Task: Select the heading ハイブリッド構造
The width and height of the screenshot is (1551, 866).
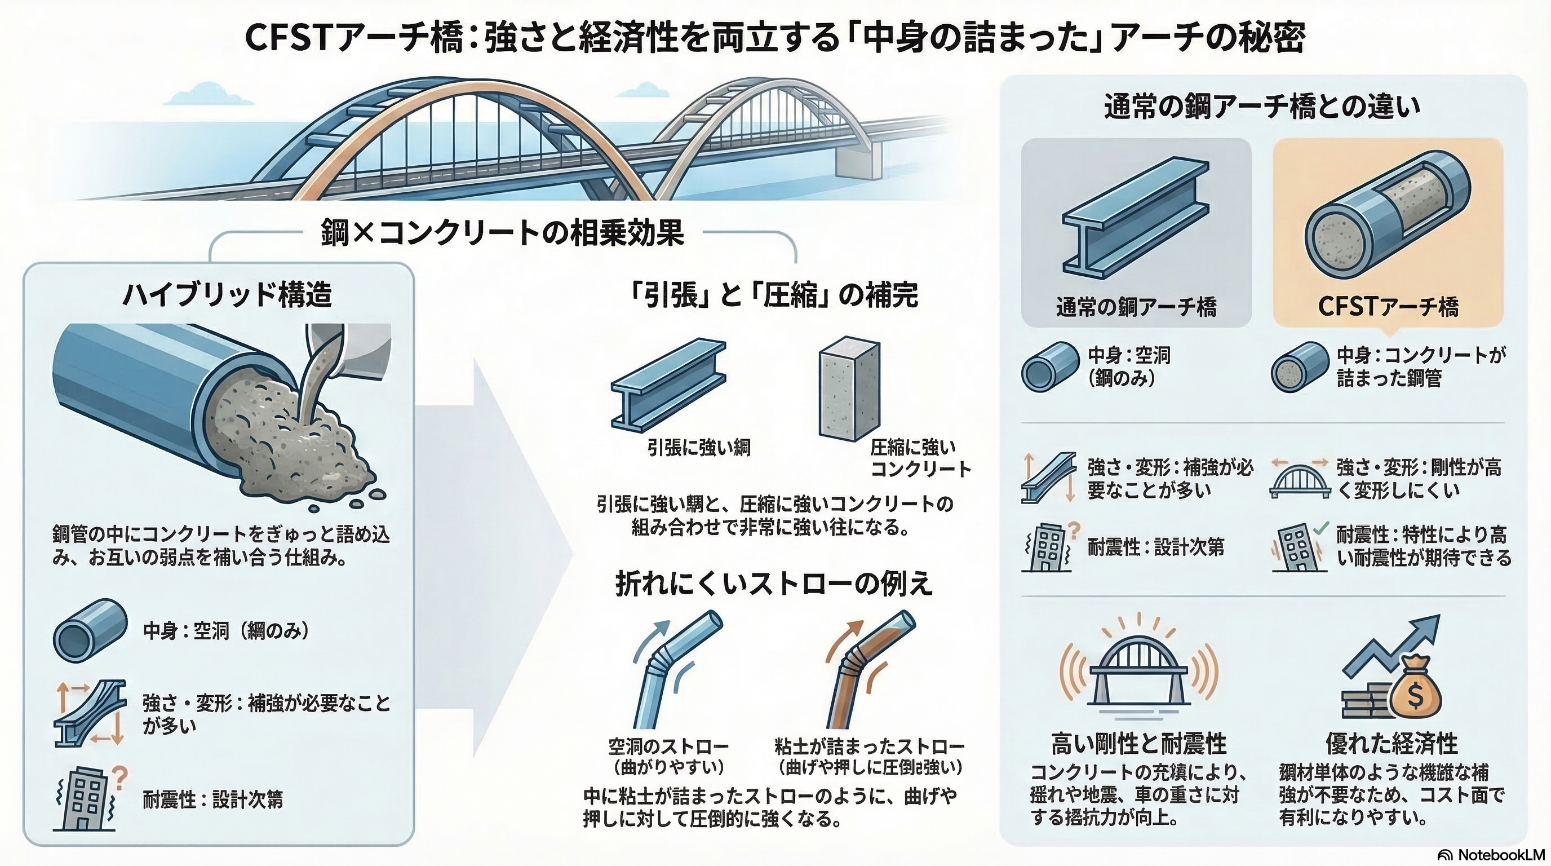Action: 227,295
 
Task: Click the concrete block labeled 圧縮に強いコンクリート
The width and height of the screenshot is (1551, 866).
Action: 849,388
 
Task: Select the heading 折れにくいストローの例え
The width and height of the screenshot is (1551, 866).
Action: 774,583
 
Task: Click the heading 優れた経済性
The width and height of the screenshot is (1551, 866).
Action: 1392,744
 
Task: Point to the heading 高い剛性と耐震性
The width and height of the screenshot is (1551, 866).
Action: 1138,744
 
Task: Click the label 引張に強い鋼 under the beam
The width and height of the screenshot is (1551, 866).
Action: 698,448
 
